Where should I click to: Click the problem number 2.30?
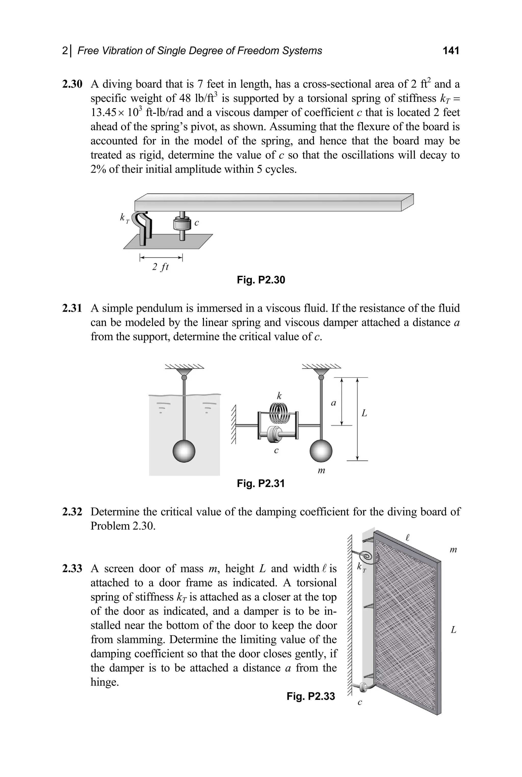point(72,84)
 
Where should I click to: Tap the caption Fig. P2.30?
point(261,280)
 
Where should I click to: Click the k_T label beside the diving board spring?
point(124,219)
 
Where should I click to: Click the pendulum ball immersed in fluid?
point(184,451)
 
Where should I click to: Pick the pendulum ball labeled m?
point(321,451)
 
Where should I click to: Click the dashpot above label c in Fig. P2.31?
point(275,434)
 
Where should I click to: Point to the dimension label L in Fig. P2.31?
point(364,413)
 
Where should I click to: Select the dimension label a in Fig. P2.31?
point(333,403)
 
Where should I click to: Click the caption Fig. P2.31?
point(261,483)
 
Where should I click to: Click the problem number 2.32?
point(72,512)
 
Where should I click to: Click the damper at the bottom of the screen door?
point(363,686)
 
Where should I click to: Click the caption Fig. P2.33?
point(311,696)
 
